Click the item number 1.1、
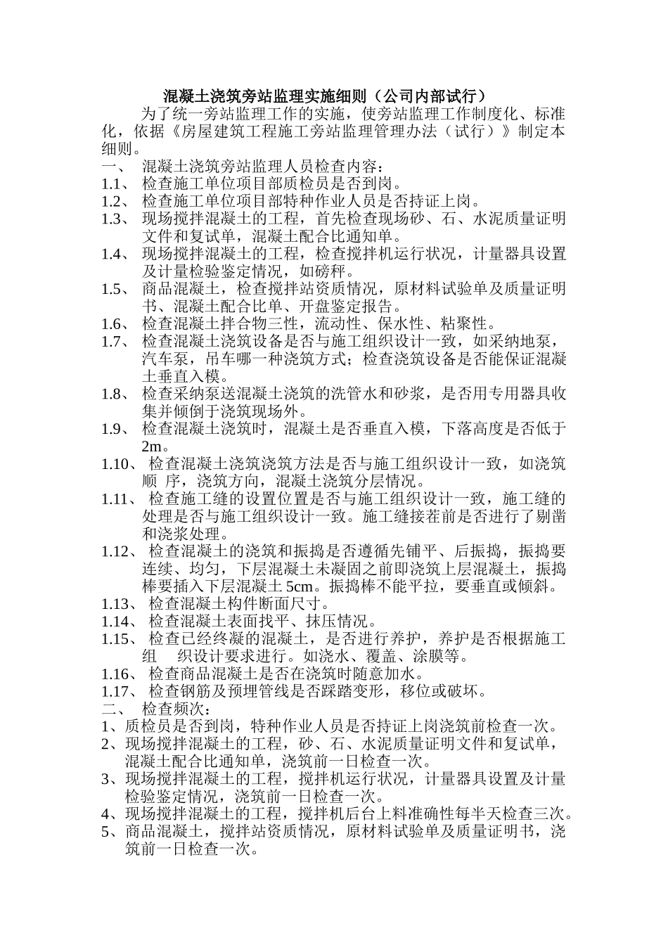click(115, 184)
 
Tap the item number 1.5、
click(115, 289)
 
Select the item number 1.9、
click(115, 429)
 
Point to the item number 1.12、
click(119, 551)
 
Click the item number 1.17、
click(119, 691)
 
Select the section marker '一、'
click(113, 167)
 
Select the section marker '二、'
click(113, 709)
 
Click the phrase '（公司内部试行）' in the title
click(428, 96)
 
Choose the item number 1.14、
click(119, 622)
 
